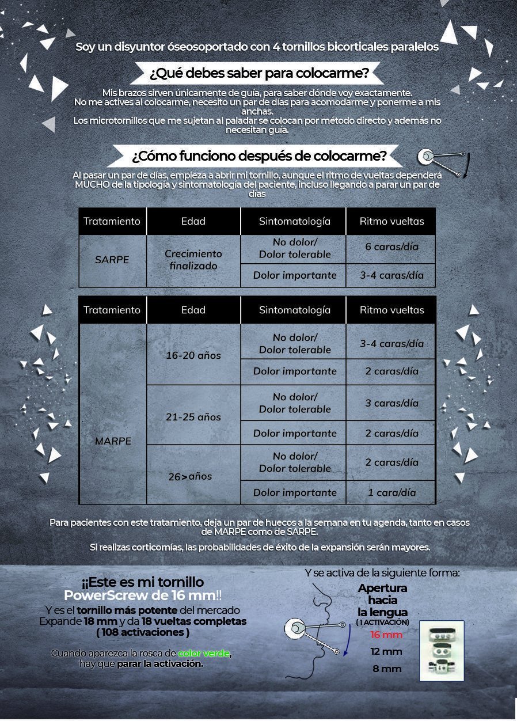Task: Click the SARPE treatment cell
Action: click(112, 260)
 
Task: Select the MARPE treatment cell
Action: click(113, 441)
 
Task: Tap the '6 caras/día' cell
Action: click(391, 246)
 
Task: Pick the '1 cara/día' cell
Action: click(391, 492)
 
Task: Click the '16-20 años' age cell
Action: click(193, 355)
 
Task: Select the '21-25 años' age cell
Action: click(193, 417)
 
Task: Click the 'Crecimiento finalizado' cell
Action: click(193, 260)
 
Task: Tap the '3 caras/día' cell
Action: click(391, 403)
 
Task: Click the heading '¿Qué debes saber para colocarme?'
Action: click(258, 74)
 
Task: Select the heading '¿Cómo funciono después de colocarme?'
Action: click(259, 156)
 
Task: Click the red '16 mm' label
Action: click(386, 635)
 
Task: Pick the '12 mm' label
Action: click(386, 651)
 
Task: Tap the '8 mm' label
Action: click(386, 669)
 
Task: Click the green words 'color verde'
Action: click(203, 653)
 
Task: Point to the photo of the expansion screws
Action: click(442, 651)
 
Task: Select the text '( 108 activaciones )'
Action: click(143, 632)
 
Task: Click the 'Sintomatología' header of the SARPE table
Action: click(295, 221)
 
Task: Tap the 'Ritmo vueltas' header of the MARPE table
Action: click(391, 310)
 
